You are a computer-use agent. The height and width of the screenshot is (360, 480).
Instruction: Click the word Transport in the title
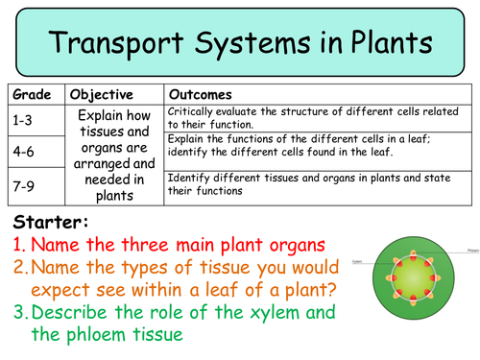[x=121, y=42]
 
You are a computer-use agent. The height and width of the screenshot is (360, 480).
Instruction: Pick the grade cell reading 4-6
[x=27, y=151]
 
